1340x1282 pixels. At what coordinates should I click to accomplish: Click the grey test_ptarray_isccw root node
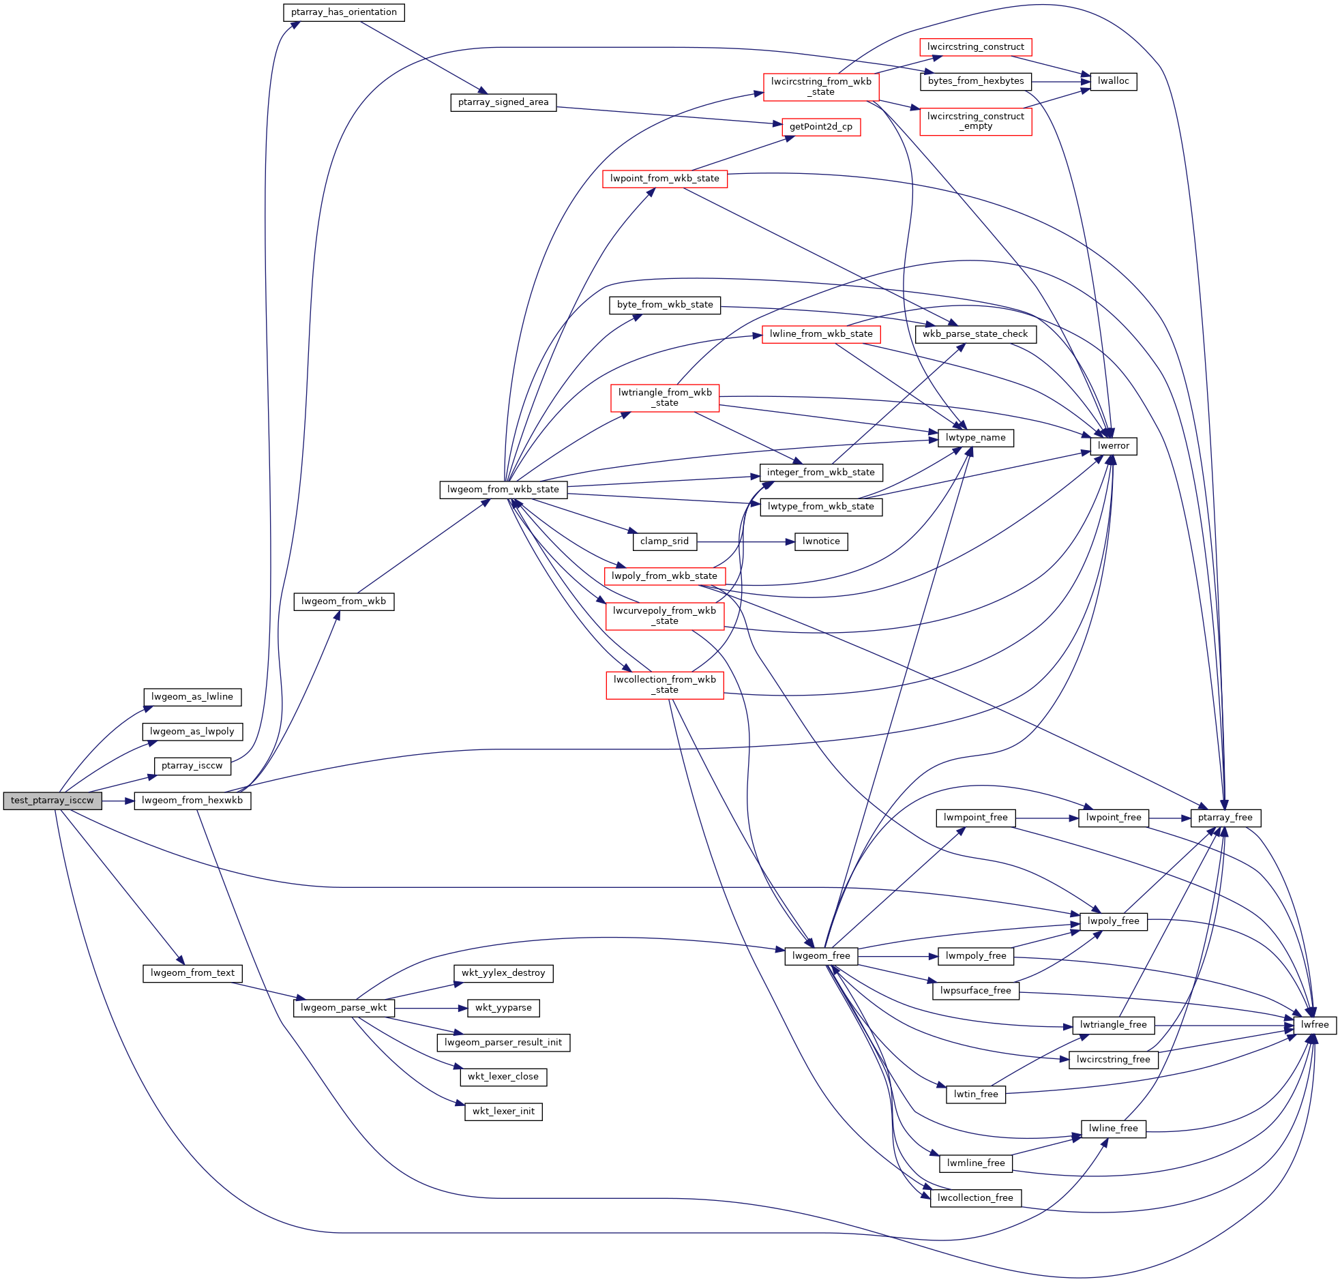(x=52, y=800)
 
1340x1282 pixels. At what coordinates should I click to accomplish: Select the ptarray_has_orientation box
(x=344, y=12)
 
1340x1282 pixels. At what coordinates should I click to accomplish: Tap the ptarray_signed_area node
(x=503, y=102)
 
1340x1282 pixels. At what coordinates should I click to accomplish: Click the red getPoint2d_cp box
(x=820, y=127)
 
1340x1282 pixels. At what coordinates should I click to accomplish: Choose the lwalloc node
(x=1113, y=81)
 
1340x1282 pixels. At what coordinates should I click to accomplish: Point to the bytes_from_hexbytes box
(x=975, y=81)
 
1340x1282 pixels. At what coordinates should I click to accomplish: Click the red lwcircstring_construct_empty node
(x=975, y=121)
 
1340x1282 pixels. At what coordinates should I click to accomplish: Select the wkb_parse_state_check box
(x=974, y=334)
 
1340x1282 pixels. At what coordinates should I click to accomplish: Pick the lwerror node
(x=1113, y=446)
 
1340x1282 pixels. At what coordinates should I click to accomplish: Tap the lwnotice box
(x=820, y=541)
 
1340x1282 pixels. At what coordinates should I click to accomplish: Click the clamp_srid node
(x=664, y=541)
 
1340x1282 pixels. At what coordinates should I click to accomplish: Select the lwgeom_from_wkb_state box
(x=503, y=490)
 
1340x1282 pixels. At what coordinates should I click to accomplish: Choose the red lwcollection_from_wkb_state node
(x=664, y=685)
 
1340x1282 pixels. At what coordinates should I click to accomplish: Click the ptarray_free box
(x=1225, y=818)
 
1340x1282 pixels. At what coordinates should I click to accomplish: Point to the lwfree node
(x=1315, y=1025)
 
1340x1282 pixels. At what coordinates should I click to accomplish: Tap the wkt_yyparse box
(x=503, y=1008)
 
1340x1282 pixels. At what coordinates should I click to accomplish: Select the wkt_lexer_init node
(x=503, y=1111)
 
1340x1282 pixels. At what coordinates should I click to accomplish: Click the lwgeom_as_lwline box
(x=192, y=697)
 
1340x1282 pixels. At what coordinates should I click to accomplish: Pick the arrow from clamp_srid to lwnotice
(x=745, y=541)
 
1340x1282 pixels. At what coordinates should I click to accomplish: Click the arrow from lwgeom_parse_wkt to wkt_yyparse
(x=430, y=1008)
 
